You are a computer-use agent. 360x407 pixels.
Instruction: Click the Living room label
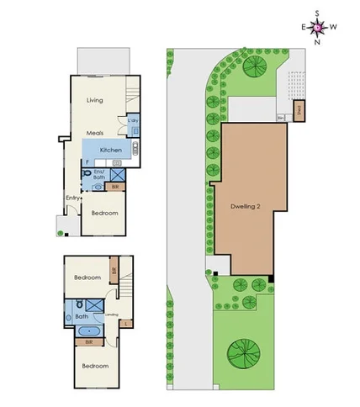pos(94,100)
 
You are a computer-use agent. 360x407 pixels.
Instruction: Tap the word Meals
pos(94,133)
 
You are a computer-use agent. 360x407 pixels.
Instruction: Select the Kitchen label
pos(111,151)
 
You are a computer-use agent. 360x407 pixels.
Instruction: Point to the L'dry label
pos(133,123)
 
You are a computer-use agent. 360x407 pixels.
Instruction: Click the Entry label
pos(73,198)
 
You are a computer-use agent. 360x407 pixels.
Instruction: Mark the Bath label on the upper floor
pos(81,315)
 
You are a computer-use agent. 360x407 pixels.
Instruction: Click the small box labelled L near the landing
pos(125,323)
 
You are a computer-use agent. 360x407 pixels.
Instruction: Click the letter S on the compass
pos(316,13)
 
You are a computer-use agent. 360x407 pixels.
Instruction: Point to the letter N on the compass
pos(316,40)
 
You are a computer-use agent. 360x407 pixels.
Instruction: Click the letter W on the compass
pos(333,27)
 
